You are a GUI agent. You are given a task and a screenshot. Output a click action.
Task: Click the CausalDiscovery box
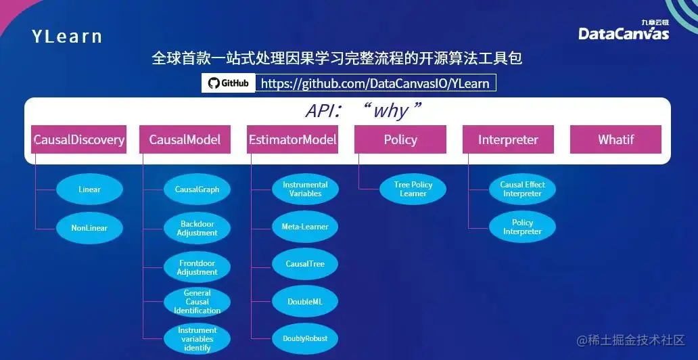pos(79,140)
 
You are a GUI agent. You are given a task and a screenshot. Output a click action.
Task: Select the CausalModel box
pos(185,140)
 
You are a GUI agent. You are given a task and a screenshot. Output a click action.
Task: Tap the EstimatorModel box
pos(292,140)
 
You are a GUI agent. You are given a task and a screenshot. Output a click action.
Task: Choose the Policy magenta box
pos(400,140)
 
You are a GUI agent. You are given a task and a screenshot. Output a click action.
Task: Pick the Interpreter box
pos(508,140)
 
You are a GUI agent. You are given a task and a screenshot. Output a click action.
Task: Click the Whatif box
pos(615,140)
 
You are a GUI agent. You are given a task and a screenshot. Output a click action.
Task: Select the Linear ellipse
pos(89,189)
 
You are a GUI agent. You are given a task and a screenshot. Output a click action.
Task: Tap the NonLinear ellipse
pos(89,228)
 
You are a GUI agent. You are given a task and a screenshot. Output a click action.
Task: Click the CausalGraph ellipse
pos(197,189)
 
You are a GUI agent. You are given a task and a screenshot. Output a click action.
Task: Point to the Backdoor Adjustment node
pos(197,228)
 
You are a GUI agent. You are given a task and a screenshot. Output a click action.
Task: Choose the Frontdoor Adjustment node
pos(197,267)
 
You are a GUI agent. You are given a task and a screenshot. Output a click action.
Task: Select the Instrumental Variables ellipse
pos(305,189)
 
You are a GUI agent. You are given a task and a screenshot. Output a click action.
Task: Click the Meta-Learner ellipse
pos(305,227)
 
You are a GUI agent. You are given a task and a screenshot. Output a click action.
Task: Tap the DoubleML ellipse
pos(305,302)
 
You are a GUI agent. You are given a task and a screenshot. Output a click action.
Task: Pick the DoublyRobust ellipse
pos(305,338)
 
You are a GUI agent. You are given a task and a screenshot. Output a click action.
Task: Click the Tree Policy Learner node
pos(413,189)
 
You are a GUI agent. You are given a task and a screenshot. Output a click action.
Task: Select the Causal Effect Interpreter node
pos(522,189)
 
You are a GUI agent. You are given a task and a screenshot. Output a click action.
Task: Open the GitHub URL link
pos(375,83)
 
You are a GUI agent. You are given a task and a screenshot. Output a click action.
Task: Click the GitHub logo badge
pos(229,83)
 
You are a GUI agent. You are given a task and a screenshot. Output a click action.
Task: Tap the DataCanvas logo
pos(623,32)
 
